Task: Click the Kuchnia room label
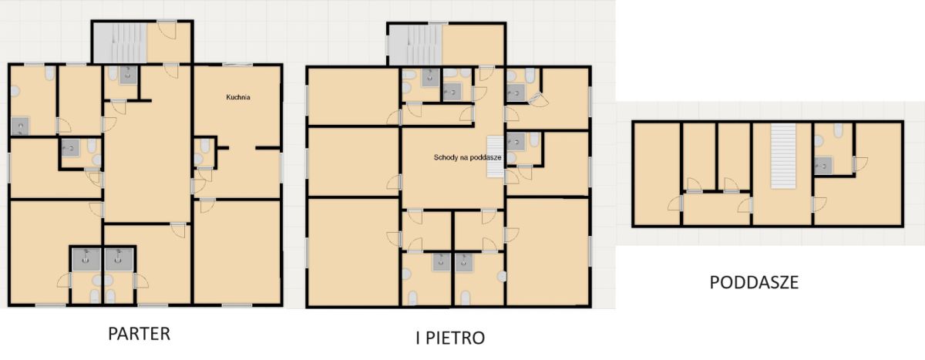(x=238, y=97)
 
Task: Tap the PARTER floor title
(x=140, y=334)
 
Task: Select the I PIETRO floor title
(x=450, y=338)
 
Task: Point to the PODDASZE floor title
(x=754, y=282)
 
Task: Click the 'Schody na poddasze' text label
(x=467, y=157)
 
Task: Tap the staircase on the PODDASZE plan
(x=783, y=156)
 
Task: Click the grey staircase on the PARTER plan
(x=119, y=42)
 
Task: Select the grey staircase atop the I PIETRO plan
(x=415, y=45)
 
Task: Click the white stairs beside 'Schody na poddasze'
(x=495, y=156)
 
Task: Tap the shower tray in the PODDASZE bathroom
(x=823, y=166)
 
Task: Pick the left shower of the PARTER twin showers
(x=86, y=259)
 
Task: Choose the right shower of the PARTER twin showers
(x=119, y=259)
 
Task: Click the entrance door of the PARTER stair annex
(x=167, y=29)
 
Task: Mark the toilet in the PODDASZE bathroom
(x=839, y=130)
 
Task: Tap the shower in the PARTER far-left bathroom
(x=20, y=126)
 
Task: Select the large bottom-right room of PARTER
(x=237, y=252)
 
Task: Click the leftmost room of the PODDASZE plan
(x=657, y=173)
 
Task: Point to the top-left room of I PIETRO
(x=354, y=96)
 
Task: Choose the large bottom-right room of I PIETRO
(x=547, y=251)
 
